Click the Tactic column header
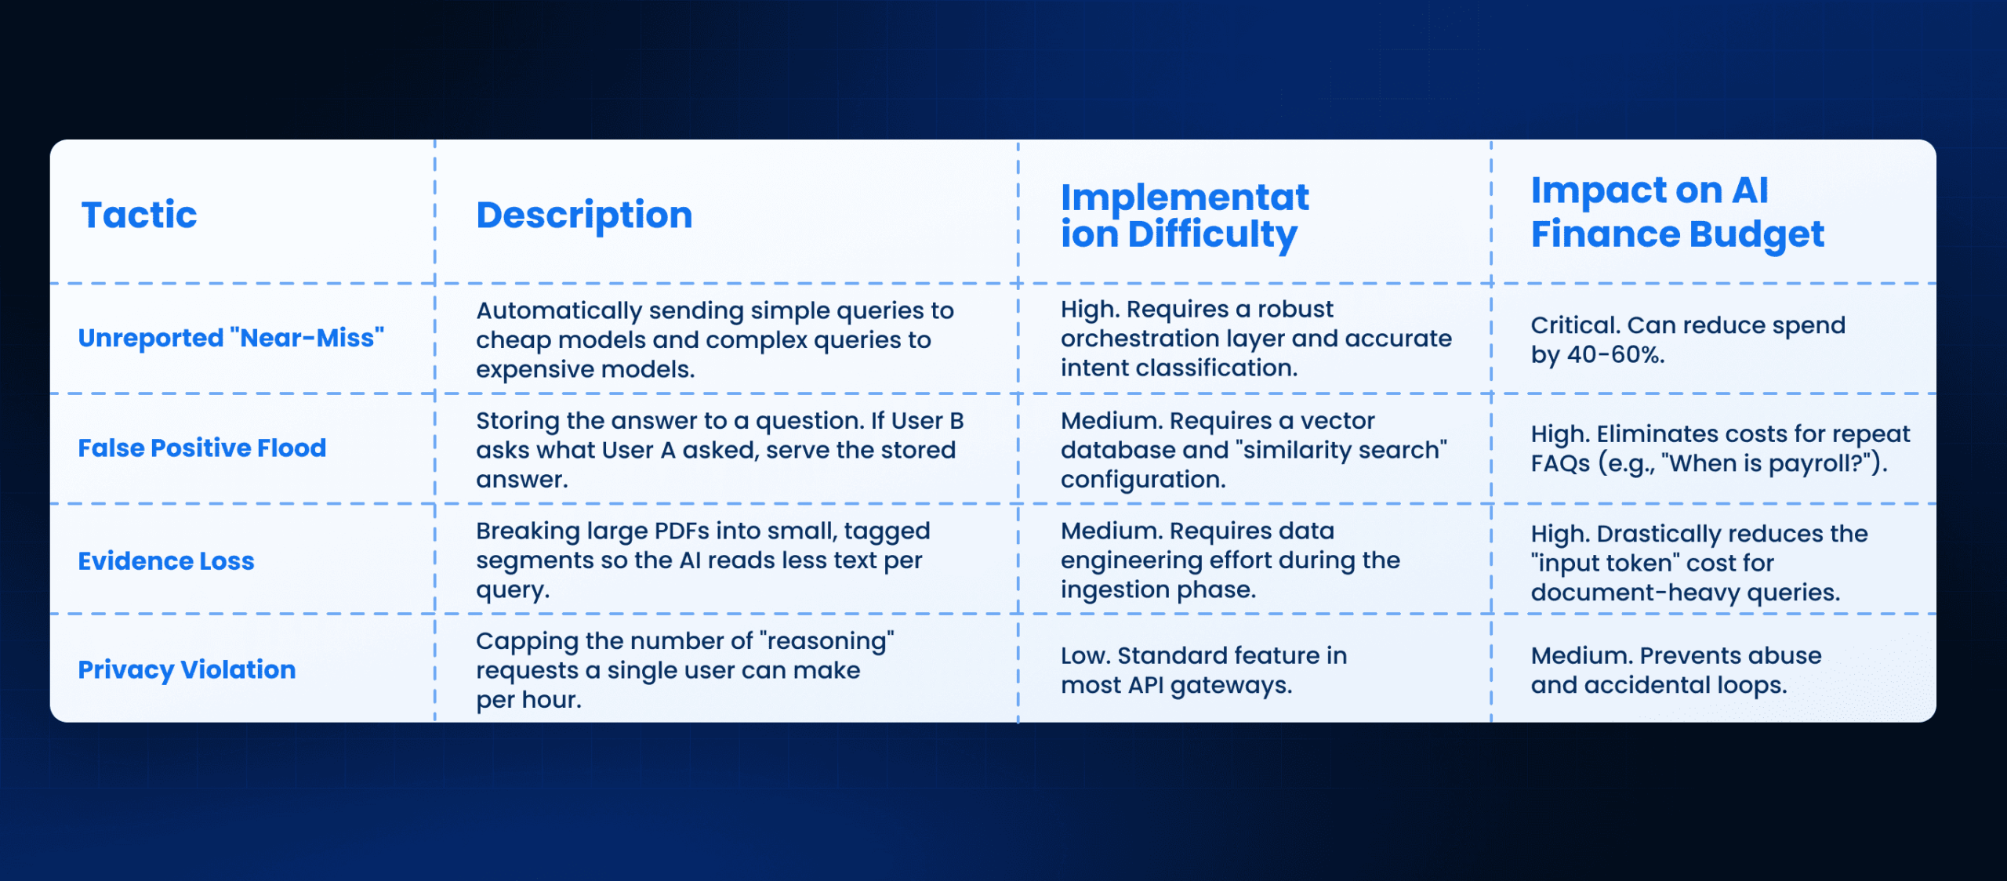pos(140,215)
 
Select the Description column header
pos(584,215)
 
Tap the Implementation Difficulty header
pos(1185,216)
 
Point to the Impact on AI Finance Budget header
pos(1678,212)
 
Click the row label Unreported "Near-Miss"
pos(231,338)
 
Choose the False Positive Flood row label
pos(202,448)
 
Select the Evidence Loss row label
pos(166,561)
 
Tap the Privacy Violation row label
pos(187,669)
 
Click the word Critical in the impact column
pos(1576,325)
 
